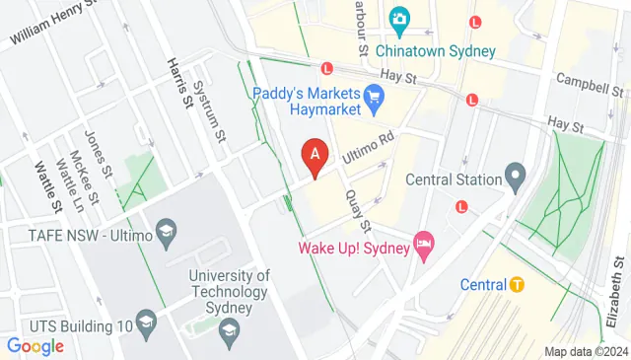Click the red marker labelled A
(315, 156)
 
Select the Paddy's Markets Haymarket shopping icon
(373, 97)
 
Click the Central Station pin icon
(514, 180)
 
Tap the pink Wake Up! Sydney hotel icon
(424, 246)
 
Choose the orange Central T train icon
(515, 285)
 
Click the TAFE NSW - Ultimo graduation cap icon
(166, 234)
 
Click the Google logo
(35, 346)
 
